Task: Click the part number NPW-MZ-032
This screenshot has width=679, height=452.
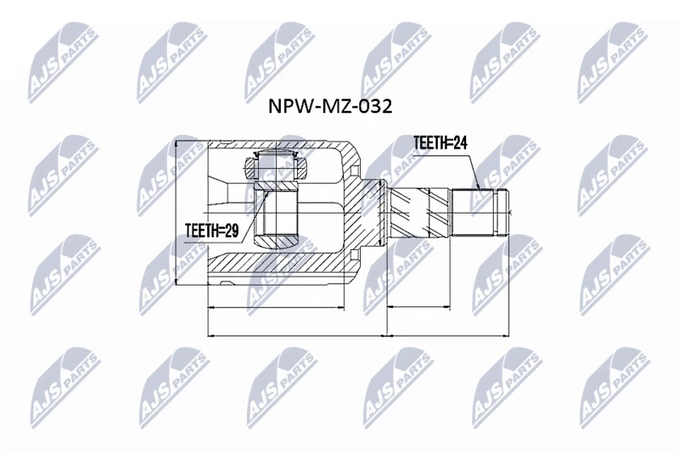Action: (330, 106)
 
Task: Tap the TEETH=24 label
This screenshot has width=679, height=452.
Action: (441, 142)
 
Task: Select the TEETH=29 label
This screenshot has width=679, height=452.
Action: (211, 231)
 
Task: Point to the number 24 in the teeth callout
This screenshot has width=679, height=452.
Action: (460, 142)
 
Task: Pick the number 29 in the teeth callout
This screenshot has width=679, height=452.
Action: (232, 231)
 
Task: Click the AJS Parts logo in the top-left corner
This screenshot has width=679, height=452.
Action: (63, 63)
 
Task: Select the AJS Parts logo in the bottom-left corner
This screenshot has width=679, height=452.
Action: (65, 387)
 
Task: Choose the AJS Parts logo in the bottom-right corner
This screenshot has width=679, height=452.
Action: (614, 387)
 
